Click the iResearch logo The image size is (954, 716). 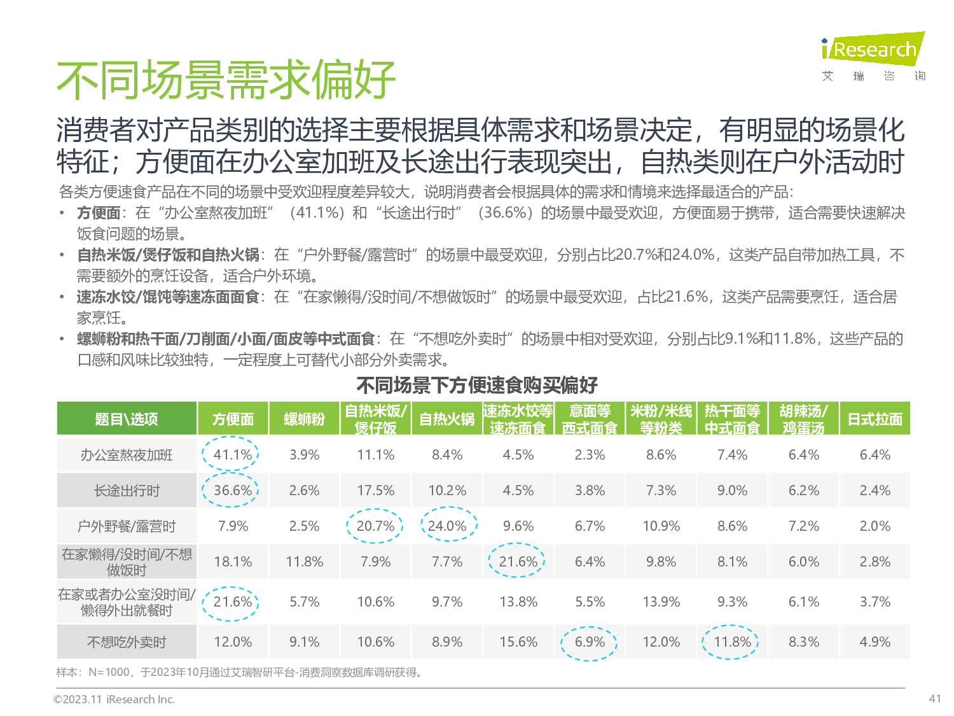[873, 50]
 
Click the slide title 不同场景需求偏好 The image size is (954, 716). [226, 80]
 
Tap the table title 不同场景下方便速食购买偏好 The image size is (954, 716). [477, 385]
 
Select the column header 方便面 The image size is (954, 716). [233, 419]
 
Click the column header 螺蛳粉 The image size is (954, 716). [304, 419]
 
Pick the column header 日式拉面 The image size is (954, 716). [874, 419]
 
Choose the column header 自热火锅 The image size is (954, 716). [446, 419]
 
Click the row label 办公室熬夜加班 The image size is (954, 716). [127, 455]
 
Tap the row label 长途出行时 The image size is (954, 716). [127, 491]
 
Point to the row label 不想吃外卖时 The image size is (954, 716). [127, 642]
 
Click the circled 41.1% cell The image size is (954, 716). [232, 454]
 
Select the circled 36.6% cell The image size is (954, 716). [232, 490]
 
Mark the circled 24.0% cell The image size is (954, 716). [447, 526]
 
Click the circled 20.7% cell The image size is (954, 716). [375, 526]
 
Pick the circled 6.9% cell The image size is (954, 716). [590, 642]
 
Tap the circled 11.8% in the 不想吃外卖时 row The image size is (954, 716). [732, 642]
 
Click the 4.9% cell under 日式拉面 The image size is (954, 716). [874, 642]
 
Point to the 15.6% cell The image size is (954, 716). [518, 642]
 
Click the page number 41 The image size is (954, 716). [934, 698]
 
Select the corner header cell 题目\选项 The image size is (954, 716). [127, 419]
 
